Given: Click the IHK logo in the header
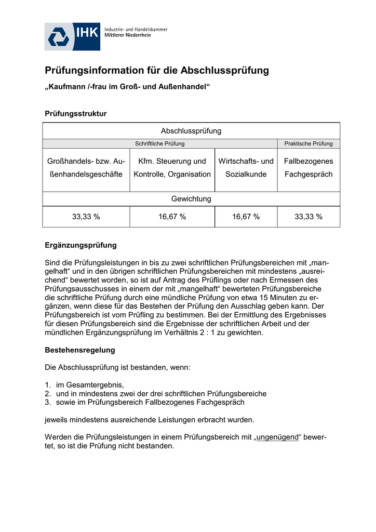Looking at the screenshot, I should [x=72, y=36].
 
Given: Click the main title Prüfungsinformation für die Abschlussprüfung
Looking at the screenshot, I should [x=157, y=70].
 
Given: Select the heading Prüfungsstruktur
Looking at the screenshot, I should [x=76, y=114].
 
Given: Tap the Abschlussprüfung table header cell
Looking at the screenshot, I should [x=191, y=131].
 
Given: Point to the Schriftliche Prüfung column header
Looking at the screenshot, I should [x=159, y=144].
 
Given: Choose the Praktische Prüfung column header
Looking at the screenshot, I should [x=308, y=144].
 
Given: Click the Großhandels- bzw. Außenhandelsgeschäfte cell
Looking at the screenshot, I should [x=86, y=168].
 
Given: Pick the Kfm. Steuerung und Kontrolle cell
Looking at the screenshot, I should [x=172, y=168].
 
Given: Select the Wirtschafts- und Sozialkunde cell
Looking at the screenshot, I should [x=246, y=168].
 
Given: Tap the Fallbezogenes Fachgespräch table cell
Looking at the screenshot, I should [x=308, y=168].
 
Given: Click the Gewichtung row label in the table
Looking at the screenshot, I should [x=191, y=199].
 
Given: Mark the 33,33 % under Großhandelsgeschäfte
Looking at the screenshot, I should [x=86, y=217].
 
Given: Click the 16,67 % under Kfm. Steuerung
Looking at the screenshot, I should [x=172, y=217].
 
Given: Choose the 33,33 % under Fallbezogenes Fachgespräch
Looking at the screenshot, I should [x=308, y=217].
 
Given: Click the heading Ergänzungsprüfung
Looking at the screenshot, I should [x=80, y=245].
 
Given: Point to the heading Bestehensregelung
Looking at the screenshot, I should [x=80, y=350].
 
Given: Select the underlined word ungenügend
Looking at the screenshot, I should [x=277, y=437].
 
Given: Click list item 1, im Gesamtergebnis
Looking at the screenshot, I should [x=91, y=385].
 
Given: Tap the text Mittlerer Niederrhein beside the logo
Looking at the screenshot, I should [x=128, y=35].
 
